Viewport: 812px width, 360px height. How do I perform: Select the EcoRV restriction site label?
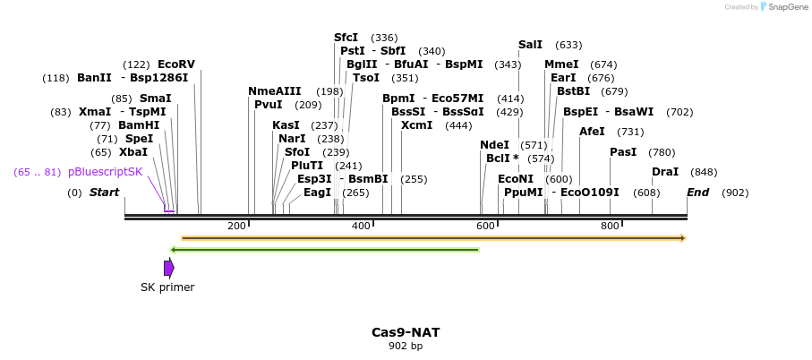(175, 64)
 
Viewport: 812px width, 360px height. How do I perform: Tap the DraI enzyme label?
(665, 172)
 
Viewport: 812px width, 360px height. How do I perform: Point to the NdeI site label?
(494, 145)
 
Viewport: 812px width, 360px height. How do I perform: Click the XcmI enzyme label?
(416, 125)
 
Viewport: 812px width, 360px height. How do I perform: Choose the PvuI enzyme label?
(269, 105)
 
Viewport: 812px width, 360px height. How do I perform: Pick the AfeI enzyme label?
(593, 132)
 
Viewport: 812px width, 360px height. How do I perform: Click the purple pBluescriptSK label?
(105, 172)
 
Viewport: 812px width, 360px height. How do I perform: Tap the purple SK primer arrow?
(168, 268)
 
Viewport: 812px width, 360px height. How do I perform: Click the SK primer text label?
(167, 287)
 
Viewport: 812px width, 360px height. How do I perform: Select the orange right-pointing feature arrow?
(433, 238)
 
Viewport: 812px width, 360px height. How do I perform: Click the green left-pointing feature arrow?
(324, 249)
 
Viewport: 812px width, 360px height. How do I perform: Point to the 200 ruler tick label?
(236, 226)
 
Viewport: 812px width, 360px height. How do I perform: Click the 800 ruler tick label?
(610, 226)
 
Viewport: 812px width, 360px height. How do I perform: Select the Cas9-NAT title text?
(406, 332)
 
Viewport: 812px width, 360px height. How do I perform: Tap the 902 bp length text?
(406, 346)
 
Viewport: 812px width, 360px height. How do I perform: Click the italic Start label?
(104, 193)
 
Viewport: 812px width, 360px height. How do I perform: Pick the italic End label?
(698, 193)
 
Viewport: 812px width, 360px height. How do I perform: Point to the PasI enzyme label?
(623, 152)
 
